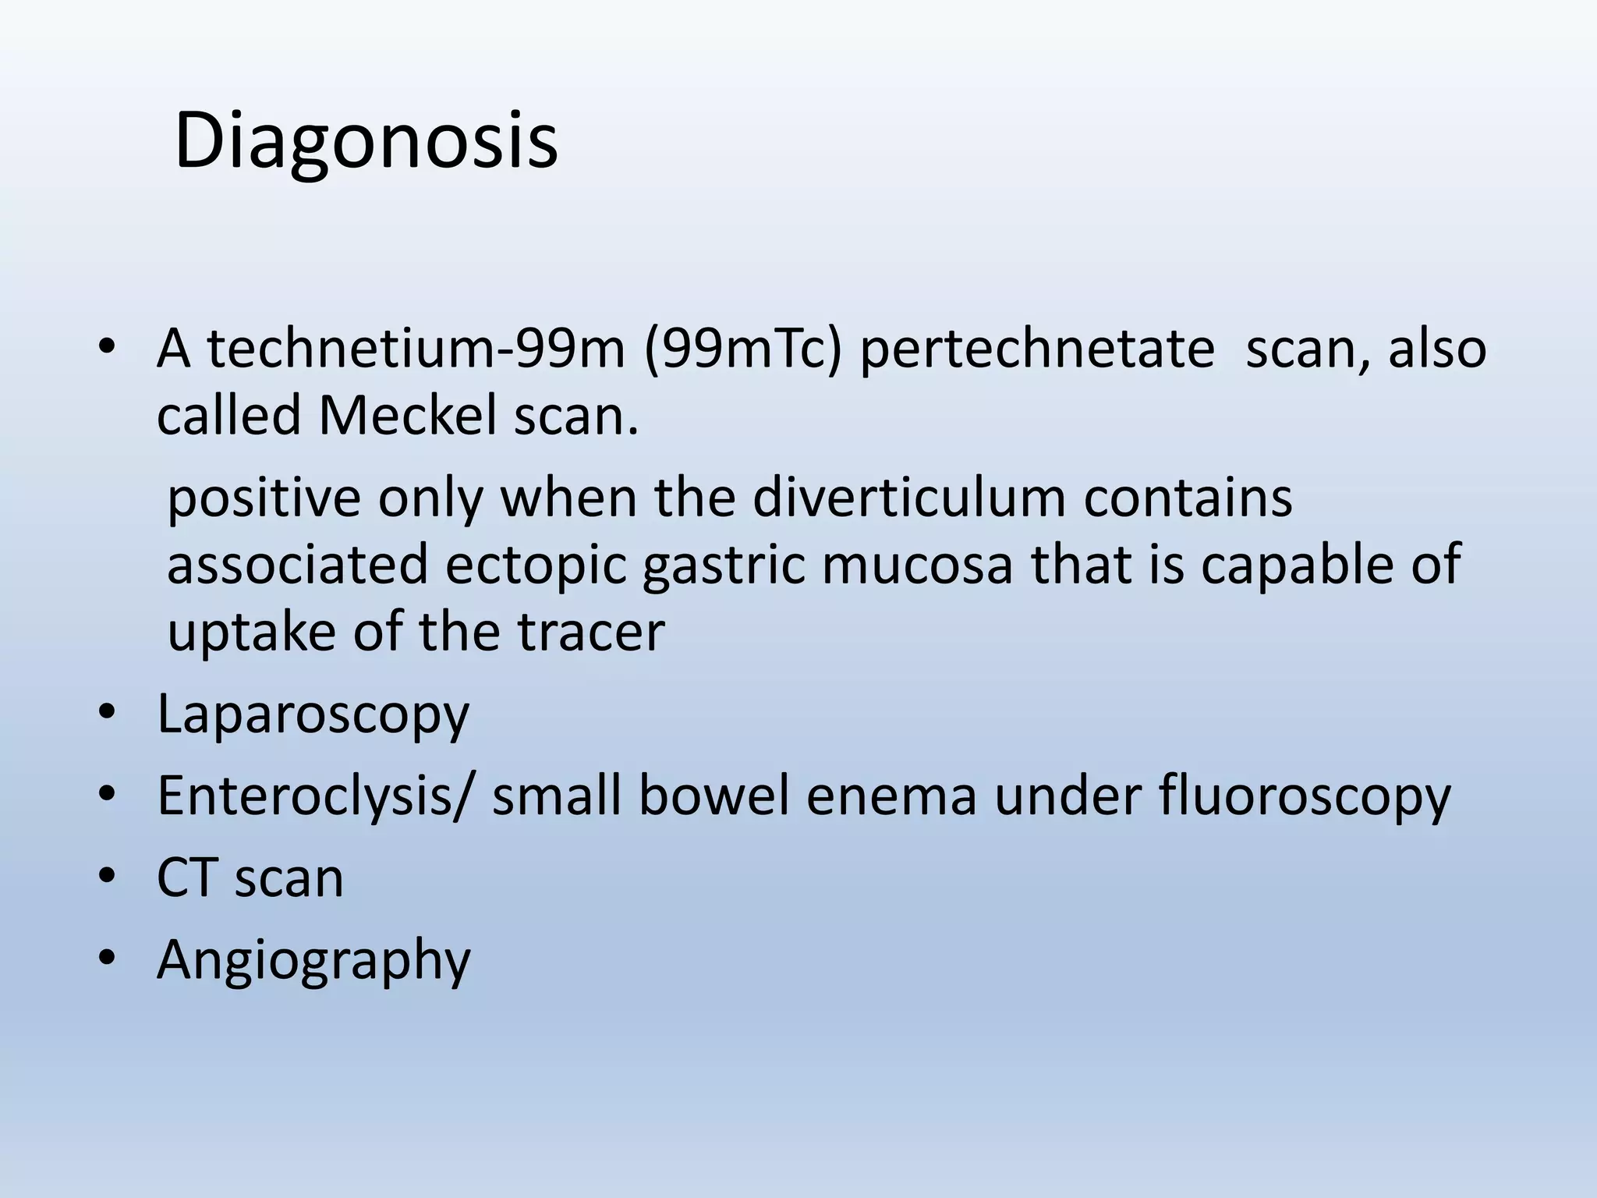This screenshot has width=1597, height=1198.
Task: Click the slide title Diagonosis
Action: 366,142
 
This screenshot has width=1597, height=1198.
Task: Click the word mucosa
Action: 917,565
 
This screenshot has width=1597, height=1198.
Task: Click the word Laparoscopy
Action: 313,714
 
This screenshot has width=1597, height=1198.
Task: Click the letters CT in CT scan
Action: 186,878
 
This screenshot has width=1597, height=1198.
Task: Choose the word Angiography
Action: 313,960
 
